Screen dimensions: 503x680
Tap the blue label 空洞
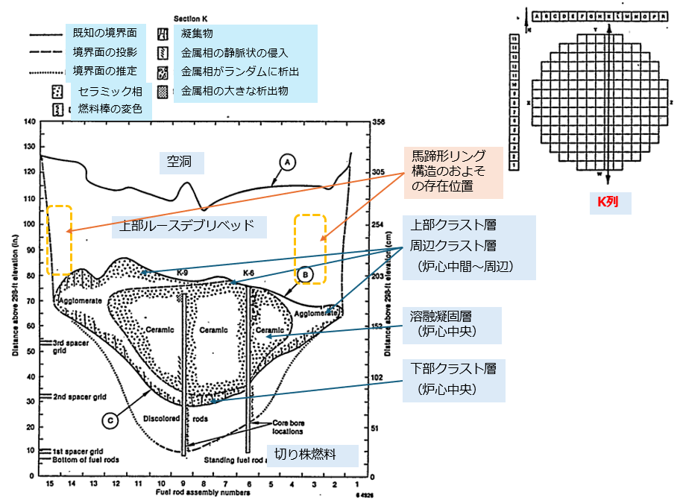180,161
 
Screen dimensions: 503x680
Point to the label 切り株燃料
312,455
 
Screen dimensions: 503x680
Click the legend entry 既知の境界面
104,34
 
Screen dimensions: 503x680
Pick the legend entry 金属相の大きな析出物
234,91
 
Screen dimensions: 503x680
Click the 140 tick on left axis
30,122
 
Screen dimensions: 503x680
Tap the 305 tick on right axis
378,172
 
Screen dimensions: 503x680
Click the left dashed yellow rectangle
59,239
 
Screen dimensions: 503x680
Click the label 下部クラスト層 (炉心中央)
453,379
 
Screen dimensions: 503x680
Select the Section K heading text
189,16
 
